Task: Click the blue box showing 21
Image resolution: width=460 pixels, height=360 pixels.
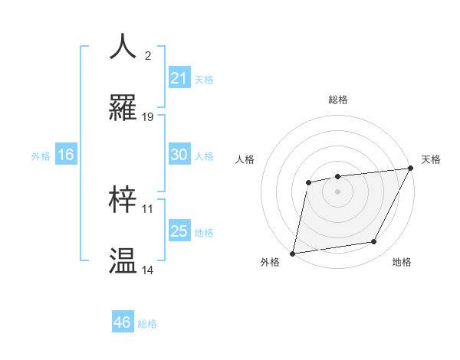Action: (x=179, y=77)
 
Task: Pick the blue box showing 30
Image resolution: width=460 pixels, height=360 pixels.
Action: (x=179, y=155)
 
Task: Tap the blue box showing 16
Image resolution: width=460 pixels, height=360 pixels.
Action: (x=66, y=155)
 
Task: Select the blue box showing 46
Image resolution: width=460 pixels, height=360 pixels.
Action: (x=123, y=322)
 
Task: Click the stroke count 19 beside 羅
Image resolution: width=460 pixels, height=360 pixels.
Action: (x=148, y=117)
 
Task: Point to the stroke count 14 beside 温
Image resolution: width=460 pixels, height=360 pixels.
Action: (x=148, y=270)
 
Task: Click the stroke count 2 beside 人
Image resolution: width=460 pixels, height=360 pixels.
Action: (x=147, y=56)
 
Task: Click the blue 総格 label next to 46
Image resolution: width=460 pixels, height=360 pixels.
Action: (x=147, y=324)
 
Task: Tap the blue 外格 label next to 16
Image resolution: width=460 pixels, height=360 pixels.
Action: (x=41, y=155)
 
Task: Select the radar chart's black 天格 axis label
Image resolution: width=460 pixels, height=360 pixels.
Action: (x=431, y=159)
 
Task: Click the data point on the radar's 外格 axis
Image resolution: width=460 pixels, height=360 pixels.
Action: (x=293, y=253)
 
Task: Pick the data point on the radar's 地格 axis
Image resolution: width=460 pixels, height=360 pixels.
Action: (x=374, y=242)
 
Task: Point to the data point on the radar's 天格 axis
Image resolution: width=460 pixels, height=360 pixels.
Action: (x=411, y=169)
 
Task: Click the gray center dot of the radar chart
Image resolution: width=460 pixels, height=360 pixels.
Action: (x=337, y=191)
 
